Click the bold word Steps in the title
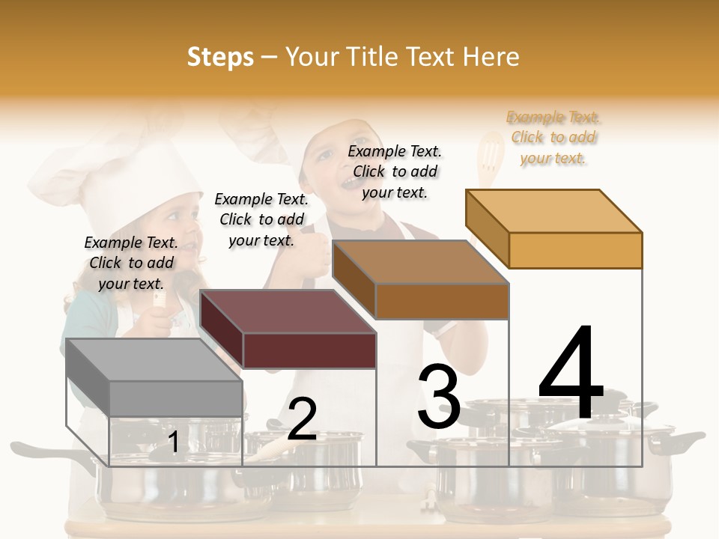(x=220, y=57)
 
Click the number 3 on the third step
(x=439, y=397)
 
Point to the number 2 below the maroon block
(x=302, y=419)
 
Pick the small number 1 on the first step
(x=173, y=442)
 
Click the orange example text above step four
(x=553, y=138)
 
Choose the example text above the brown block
(x=395, y=171)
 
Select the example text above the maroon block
(x=261, y=219)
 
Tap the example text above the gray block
(x=131, y=263)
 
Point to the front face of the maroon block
(x=309, y=350)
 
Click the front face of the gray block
(x=176, y=398)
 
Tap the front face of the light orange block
(x=575, y=250)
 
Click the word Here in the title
(x=491, y=57)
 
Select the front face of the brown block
(x=442, y=301)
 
